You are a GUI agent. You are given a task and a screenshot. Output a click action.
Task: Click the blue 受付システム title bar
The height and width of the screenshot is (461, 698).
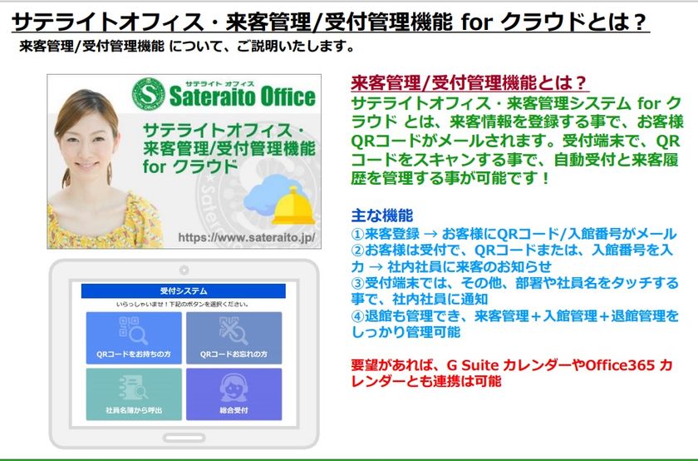[x=183, y=290]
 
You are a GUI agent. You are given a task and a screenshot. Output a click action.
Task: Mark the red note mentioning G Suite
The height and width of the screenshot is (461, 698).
[x=511, y=373]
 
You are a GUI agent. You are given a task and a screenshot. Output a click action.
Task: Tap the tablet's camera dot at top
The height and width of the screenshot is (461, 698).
[x=183, y=270]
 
